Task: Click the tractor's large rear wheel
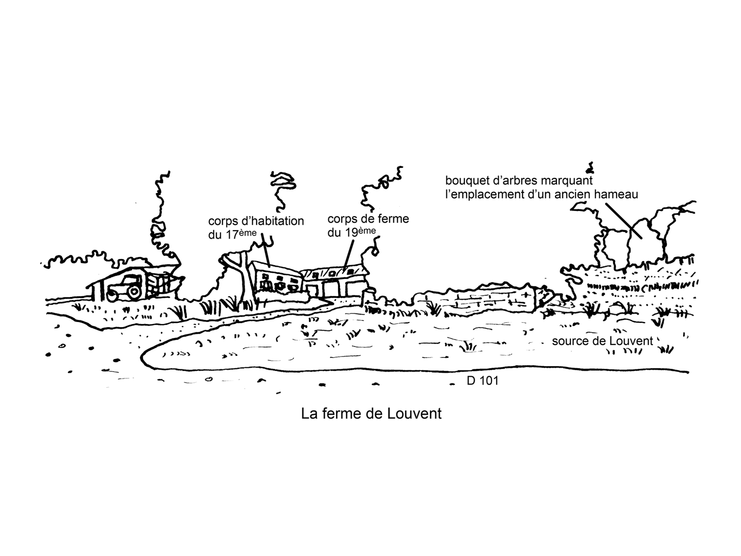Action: pos(134,292)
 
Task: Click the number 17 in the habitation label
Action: pos(231,235)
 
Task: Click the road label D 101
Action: pos(482,381)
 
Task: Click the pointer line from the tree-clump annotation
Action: pos(623,221)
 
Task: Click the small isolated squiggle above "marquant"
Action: pos(590,167)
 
